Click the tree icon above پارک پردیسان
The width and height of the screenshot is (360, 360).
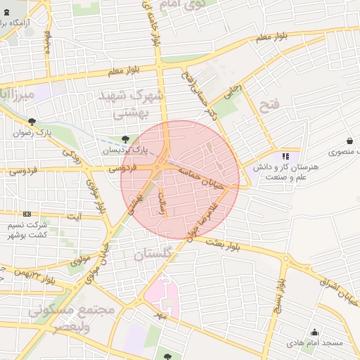[126, 139]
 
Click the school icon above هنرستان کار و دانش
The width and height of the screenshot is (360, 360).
[285, 156]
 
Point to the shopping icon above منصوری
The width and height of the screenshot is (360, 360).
[349, 141]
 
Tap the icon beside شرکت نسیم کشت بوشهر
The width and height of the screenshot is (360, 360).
[27, 214]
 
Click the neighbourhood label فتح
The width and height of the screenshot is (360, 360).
[269, 107]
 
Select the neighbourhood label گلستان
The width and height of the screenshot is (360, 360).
[154, 255]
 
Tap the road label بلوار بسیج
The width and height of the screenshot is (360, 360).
[279, 298]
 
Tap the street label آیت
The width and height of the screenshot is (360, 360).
[73, 217]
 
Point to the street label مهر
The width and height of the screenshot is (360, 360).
[164, 316]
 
